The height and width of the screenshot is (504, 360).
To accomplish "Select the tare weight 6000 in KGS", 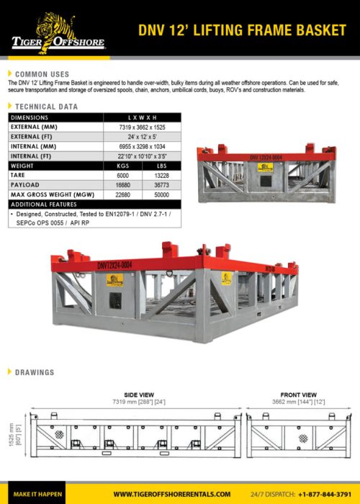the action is [122, 175].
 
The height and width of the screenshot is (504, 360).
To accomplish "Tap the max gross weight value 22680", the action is [122, 195].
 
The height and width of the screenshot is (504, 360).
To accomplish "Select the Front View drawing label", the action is [298, 395].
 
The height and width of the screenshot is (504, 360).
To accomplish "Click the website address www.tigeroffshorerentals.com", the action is [171, 494].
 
